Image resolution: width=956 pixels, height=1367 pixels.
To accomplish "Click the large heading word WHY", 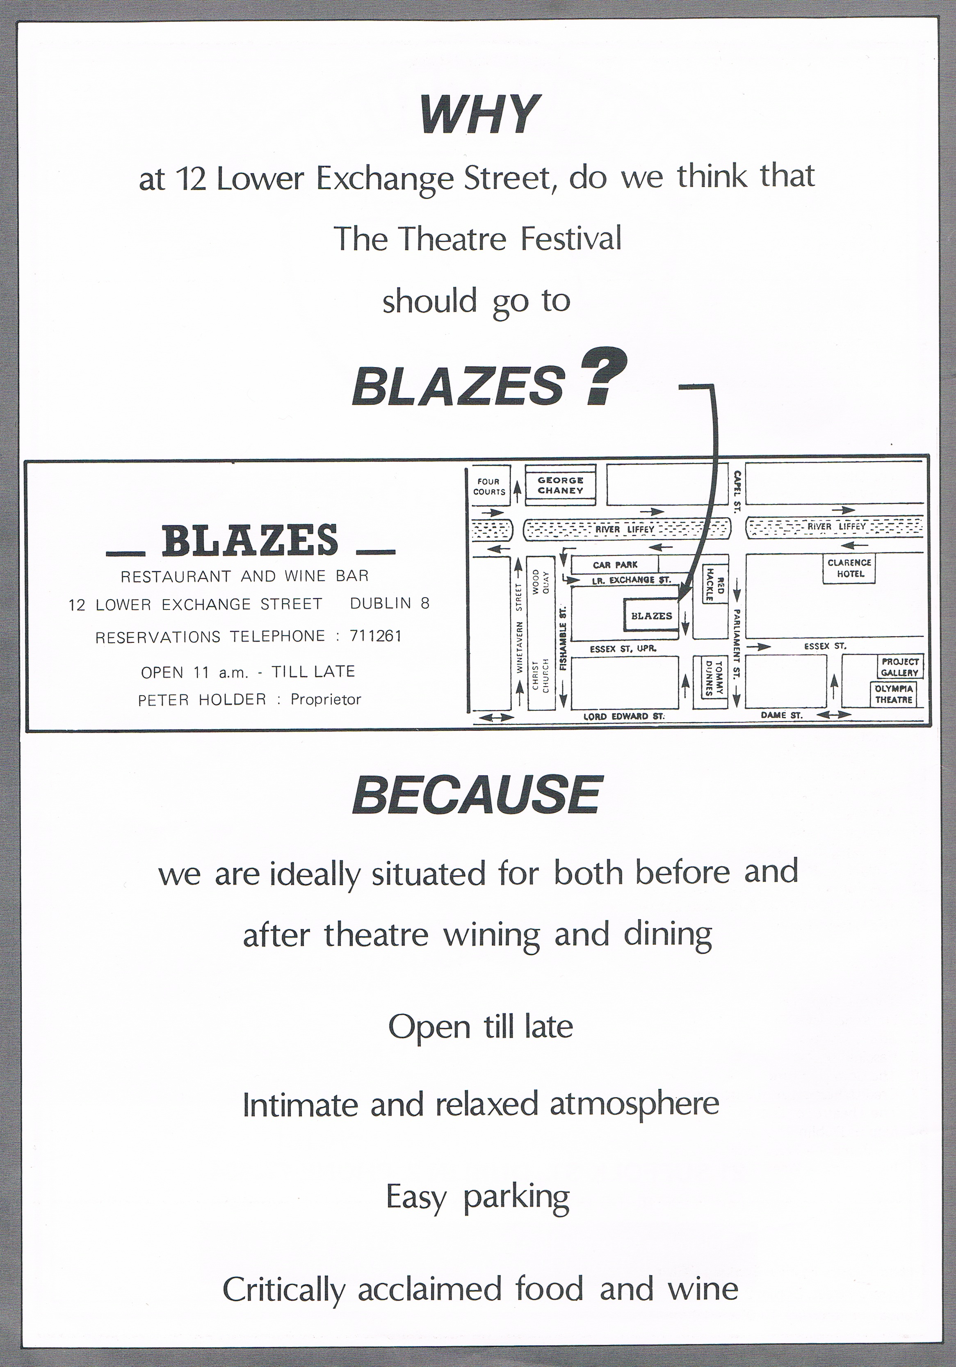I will coord(479,114).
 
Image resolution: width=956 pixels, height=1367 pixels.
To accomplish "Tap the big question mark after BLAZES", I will coord(604,378).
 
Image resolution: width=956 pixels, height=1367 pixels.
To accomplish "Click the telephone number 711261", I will coord(376,636).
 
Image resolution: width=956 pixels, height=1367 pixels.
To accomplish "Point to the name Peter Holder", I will coord(202,700).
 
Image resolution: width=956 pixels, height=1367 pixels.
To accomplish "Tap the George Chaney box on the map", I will coord(560,485).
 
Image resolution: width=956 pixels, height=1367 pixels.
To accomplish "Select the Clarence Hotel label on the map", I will coord(849,568).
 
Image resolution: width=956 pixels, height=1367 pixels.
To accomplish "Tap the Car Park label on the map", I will coord(615,564).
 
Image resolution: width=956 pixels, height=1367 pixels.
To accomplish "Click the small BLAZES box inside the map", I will coord(651,616).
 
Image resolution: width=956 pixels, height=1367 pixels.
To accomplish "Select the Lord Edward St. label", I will coord(623,716).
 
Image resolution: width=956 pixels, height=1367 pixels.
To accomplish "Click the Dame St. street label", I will coord(782,715).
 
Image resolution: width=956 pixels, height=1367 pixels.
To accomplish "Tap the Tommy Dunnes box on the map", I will coord(713,678).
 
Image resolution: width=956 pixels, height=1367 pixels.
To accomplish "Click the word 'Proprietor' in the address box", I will coord(326,700).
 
